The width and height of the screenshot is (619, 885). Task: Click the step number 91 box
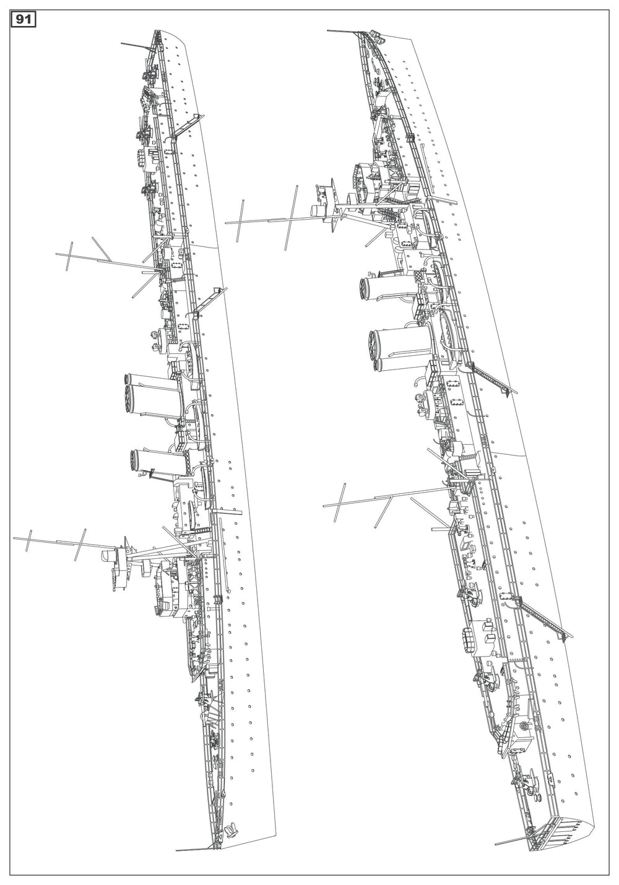point(24,20)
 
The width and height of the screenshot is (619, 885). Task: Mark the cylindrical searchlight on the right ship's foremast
point(317,210)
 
